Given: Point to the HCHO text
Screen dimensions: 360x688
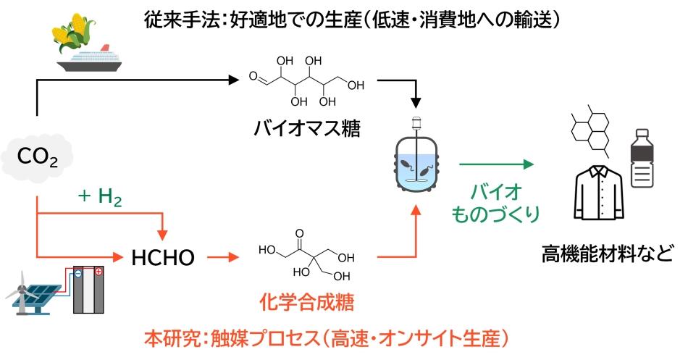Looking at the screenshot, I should click(164, 256).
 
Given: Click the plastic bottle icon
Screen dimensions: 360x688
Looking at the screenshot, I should click(641, 159).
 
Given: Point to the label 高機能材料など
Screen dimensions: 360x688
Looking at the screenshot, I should click(607, 254).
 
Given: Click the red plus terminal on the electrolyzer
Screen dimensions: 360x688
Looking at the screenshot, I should click(98, 272).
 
